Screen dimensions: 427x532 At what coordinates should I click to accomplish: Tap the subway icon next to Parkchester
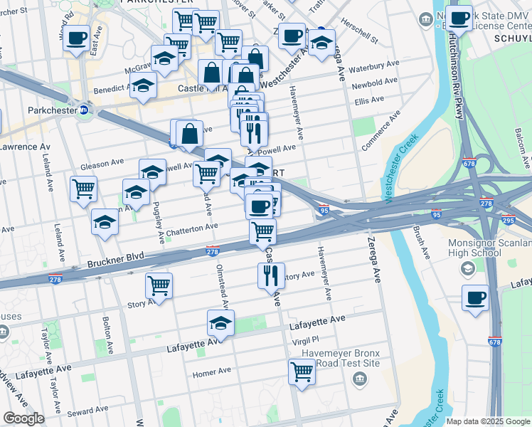[83, 110]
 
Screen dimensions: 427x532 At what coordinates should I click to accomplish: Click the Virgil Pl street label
[304, 340]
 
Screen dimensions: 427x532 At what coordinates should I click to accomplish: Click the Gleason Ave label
[97, 165]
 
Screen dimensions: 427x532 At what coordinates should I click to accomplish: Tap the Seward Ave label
[87, 411]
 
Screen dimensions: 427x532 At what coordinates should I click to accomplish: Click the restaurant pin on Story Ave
[270, 275]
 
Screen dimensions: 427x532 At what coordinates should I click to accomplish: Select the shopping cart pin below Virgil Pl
[302, 371]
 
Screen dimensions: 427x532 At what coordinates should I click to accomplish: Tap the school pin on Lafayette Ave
[221, 323]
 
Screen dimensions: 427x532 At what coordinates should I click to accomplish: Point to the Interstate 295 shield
[510, 221]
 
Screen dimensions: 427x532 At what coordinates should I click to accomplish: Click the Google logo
[23, 419]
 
